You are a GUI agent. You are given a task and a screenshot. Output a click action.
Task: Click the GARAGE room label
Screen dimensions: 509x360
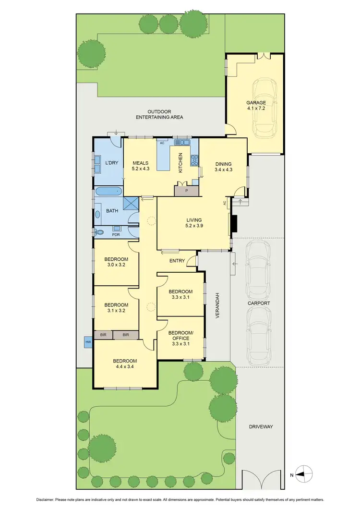pos(256,102)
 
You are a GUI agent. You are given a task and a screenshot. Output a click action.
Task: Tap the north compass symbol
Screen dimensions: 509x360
pos(304,475)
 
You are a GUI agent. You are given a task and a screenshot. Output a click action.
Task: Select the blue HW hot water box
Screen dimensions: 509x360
pos(88,342)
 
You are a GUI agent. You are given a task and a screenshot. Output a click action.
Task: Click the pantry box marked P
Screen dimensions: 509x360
pos(187,191)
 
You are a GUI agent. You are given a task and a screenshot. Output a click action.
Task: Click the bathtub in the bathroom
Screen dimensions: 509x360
pos(109,192)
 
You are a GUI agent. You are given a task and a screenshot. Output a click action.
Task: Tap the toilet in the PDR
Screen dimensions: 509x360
pos(99,232)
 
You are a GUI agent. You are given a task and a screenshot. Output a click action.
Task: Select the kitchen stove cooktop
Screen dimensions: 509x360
pos(194,160)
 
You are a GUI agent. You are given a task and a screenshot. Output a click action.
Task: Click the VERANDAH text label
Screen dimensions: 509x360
pos(217,304)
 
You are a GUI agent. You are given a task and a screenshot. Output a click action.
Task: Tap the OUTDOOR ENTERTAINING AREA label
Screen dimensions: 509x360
pos(159,114)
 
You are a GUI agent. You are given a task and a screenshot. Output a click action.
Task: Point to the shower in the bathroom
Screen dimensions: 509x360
pos(131,204)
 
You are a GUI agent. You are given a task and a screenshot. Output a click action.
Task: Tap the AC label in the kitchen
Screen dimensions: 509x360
pos(162,143)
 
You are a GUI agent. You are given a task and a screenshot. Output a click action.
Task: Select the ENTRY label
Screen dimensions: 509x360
pos(177,261)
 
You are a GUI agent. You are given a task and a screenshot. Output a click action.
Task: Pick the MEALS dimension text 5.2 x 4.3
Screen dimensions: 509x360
pos(141,169)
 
